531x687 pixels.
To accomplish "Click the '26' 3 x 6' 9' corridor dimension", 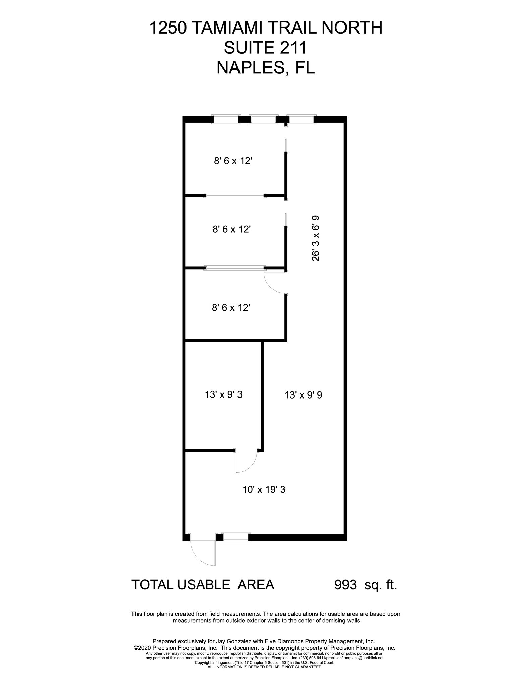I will pyautogui.click(x=316, y=238).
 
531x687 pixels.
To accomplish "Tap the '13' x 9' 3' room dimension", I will pyautogui.click(x=223, y=395).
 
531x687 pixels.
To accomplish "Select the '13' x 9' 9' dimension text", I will pyautogui.click(x=303, y=395).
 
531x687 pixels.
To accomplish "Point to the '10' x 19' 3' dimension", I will pyautogui.click(x=264, y=490).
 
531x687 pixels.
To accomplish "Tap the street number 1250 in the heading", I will pyautogui.click(x=167, y=28).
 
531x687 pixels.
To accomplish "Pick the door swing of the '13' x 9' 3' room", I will pyautogui.click(x=247, y=461).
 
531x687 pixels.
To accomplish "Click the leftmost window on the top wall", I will pyautogui.click(x=226, y=119).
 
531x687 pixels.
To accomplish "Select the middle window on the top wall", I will pyautogui.click(x=263, y=119).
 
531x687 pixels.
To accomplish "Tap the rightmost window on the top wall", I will pyautogui.click(x=302, y=119).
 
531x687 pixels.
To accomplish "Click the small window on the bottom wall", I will pyautogui.click(x=236, y=537).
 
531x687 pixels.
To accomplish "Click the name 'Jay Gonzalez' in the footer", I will pyautogui.click(x=227, y=641).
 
